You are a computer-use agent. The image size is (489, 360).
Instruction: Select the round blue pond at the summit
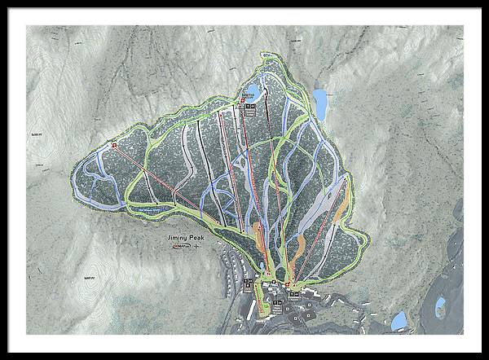tap(253, 90)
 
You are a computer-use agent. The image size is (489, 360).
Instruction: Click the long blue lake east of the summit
tap(320, 103)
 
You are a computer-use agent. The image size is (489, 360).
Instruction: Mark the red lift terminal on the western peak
tap(114, 146)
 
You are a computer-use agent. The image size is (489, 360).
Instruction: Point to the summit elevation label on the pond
tap(245, 95)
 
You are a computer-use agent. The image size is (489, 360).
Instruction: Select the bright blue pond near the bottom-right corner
tap(399, 320)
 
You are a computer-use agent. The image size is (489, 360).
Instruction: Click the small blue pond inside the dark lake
tap(441, 307)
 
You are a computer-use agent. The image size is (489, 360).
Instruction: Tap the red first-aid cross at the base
tap(288, 283)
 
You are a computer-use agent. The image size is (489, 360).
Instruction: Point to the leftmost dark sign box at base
tap(248, 284)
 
